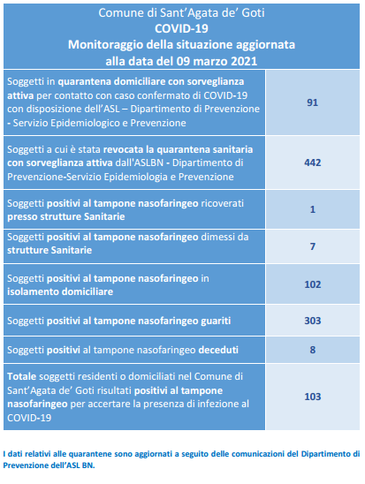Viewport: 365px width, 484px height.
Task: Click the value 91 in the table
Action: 312,102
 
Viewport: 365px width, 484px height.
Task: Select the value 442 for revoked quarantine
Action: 313,163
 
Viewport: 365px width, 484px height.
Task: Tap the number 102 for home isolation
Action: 313,284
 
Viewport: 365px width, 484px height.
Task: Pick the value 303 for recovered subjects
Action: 313,321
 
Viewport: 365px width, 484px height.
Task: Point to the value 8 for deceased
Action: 313,350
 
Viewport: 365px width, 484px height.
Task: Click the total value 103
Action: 313,397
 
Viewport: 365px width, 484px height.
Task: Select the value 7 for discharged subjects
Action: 313,246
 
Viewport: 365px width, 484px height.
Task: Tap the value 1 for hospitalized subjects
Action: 313,209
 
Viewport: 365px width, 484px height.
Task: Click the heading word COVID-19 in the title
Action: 181,29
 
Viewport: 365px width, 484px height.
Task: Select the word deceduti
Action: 218,350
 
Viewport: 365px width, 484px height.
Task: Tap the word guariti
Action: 216,321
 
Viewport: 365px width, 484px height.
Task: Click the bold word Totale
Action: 21,376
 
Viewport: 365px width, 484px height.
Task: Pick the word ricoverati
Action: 223,203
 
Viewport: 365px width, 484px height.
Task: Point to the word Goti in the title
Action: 253,13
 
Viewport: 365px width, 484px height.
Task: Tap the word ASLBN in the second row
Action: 148,163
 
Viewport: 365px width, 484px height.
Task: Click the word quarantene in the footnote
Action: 90,454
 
